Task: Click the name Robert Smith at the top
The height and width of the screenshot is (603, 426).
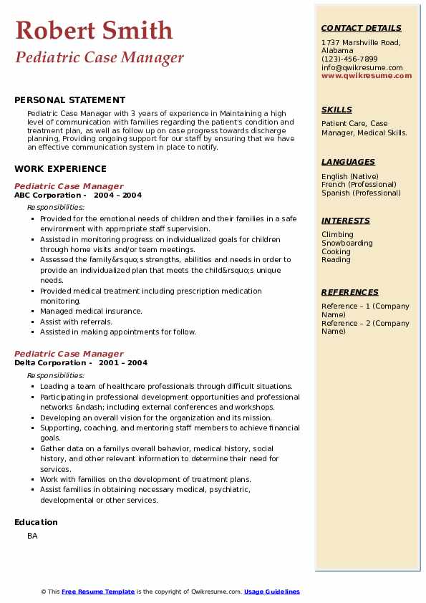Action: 94,30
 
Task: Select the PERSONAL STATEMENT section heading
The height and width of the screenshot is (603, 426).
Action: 69,100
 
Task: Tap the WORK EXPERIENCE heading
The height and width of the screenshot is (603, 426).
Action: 60,169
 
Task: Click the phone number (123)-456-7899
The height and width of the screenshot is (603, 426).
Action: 349,59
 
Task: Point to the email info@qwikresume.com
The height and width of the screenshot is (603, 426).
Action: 362,68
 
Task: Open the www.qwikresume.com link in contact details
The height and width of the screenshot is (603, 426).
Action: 367,76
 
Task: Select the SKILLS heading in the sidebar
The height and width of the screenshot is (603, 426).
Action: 337,110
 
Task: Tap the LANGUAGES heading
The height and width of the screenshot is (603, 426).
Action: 348,163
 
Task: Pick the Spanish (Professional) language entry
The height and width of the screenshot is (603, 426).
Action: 361,193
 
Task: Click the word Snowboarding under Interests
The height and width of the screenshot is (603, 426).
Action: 347,243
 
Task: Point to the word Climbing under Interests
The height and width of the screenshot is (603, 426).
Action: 337,235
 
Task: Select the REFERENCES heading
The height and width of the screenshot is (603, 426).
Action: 350,293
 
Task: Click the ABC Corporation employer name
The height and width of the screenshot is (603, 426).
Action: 47,196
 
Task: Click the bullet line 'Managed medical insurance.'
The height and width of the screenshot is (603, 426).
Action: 91,312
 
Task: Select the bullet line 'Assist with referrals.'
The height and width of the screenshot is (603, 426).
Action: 76,322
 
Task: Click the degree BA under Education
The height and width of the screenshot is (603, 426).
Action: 32,536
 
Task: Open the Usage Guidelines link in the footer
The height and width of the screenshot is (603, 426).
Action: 271,592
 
